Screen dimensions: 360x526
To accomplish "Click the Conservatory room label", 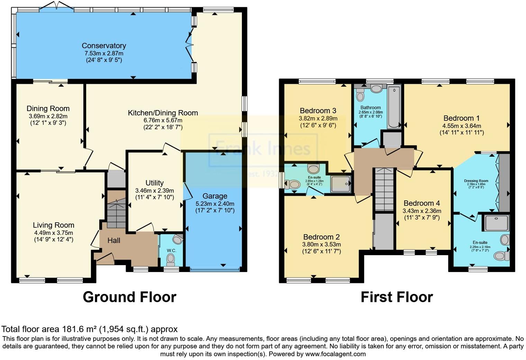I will click(x=104, y=46).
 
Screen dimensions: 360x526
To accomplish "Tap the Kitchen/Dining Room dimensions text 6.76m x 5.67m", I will click(x=163, y=120).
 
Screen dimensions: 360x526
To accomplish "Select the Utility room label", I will click(x=154, y=183).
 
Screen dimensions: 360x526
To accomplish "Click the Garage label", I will click(x=215, y=196).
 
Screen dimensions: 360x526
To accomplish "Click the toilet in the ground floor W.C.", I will click(x=170, y=259).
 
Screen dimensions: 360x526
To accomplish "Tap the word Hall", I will click(x=114, y=240).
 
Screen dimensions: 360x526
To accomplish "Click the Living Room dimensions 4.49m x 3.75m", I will click(x=54, y=233).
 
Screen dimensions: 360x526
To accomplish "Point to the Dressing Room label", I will click(x=476, y=181).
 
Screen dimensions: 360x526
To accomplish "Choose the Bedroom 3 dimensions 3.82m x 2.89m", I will click(x=318, y=118).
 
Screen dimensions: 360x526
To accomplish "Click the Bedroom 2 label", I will click(x=321, y=237).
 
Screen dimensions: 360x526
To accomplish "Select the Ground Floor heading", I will click(x=129, y=297).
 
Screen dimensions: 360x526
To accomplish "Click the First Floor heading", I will click(x=397, y=297).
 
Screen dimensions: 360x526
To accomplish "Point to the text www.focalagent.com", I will click(x=335, y=354).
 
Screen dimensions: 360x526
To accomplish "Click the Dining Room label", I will click(x=48, y=108).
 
